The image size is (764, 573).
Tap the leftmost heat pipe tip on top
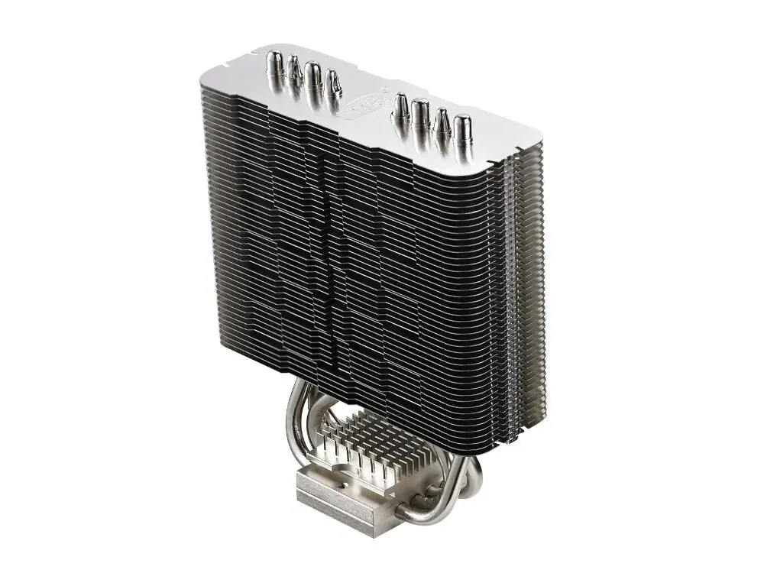274,63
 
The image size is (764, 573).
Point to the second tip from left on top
293,70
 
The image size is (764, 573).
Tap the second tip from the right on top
442,123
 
